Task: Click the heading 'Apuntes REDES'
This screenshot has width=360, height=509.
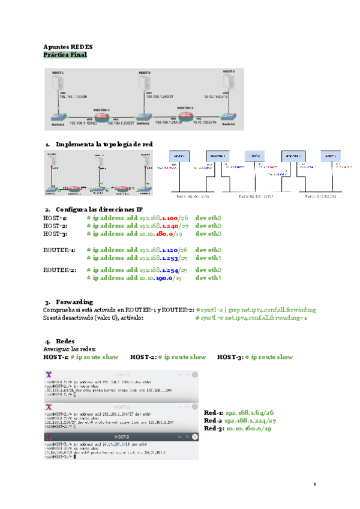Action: tap(68, 46)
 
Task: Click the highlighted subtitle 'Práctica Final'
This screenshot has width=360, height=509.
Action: tap(65, 55)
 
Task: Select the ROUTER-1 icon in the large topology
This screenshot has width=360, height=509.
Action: tap(100, 116)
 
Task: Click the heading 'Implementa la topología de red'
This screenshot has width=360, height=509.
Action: tap(103, 144)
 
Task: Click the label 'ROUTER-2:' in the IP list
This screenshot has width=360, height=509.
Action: tap(59, 270)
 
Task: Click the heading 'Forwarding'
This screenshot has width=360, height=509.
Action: tap(74, 301)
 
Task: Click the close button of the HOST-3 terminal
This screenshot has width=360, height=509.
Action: tap(194, 436)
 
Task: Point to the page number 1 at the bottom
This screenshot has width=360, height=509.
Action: tap(314, 483)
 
